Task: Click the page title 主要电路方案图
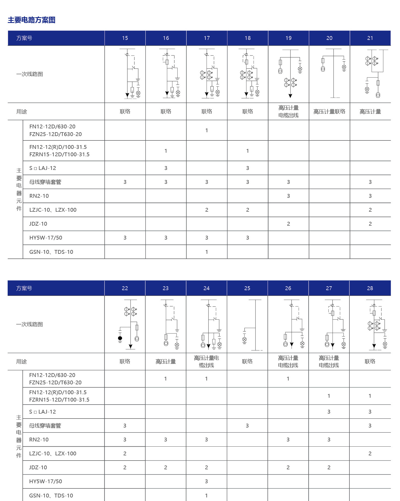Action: (x=31, y=20)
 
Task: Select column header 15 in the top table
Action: (x=125, y=38)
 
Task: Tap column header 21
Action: (x=370, y=38)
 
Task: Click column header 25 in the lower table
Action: (x=247, y=288)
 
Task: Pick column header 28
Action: (x=370, y=288)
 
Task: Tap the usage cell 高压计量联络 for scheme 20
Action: (x=329, y=111)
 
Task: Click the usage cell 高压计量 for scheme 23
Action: (x=166, y=362)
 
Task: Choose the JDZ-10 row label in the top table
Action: (x=38, y=224)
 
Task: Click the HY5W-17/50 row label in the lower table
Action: (x=46, y=481)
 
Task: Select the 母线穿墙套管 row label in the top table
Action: (x=45, y=182)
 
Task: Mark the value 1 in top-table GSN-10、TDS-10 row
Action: (x=207, y=252)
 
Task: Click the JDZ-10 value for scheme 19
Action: (x=288, y=224)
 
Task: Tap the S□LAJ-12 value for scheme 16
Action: (x=166, y=168)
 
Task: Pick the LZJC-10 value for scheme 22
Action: (x=125, y=453)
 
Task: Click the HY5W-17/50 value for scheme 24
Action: (x=206, y=481)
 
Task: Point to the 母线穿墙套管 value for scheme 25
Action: (x=247, y=426)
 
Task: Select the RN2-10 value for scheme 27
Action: (x=329, y=440)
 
